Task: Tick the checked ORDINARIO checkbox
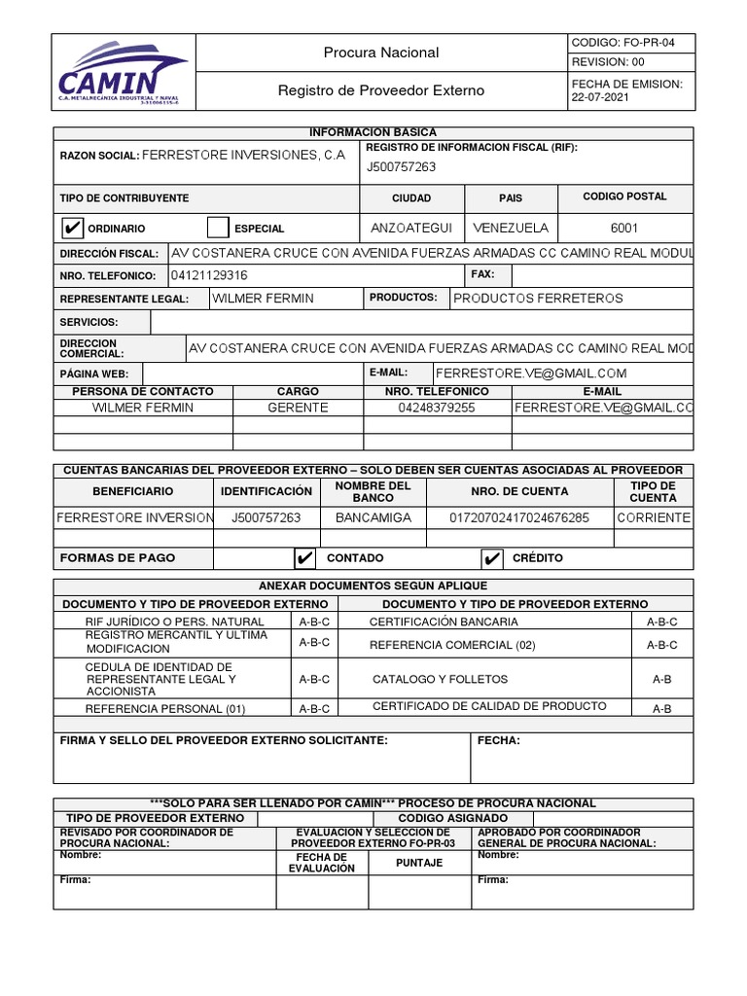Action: pos(71,228)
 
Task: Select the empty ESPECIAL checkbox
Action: pos(218,228)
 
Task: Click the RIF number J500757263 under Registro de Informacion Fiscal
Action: pos(401,166)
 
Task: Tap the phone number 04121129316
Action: pos(209,275)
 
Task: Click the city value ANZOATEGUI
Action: pos(411,228)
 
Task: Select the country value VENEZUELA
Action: pos(510,228)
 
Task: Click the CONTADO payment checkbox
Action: pos(304,557)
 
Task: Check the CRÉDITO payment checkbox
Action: pos(492,557)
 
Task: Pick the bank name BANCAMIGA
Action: pos(373,517)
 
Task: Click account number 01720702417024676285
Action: pos(518,517)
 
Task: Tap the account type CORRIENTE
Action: pos(653,517)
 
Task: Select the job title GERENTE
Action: pos(298,408)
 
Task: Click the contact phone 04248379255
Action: pos(437,408)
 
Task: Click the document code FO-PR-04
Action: pos(630,43)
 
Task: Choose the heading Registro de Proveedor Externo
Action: pos(381,90)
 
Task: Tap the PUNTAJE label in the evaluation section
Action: pos(419,863)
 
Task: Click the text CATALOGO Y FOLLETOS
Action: pos(440,679)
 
